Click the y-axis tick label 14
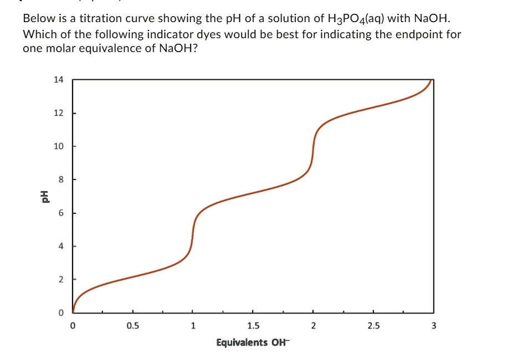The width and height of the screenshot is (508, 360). (58, 80)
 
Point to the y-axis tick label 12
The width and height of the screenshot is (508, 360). (58, 114)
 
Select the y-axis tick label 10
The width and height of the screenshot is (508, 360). (58, 147)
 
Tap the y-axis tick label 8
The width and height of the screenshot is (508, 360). (60, 180)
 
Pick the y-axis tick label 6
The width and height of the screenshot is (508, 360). (60, 213)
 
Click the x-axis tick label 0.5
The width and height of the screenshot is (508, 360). (132, 326)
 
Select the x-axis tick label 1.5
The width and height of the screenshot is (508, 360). (253, 326)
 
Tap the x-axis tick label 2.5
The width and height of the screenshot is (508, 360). (373, 326)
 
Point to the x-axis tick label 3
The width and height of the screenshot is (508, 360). (433, 326)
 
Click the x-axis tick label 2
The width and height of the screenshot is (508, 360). (313, 326)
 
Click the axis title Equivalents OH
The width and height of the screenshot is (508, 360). (253, 342)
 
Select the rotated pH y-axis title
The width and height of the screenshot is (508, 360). (40, 197)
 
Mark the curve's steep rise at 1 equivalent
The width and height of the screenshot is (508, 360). (193, 233)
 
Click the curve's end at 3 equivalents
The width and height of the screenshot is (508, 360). (432, 81)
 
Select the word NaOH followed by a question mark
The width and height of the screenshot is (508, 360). (178, 48)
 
